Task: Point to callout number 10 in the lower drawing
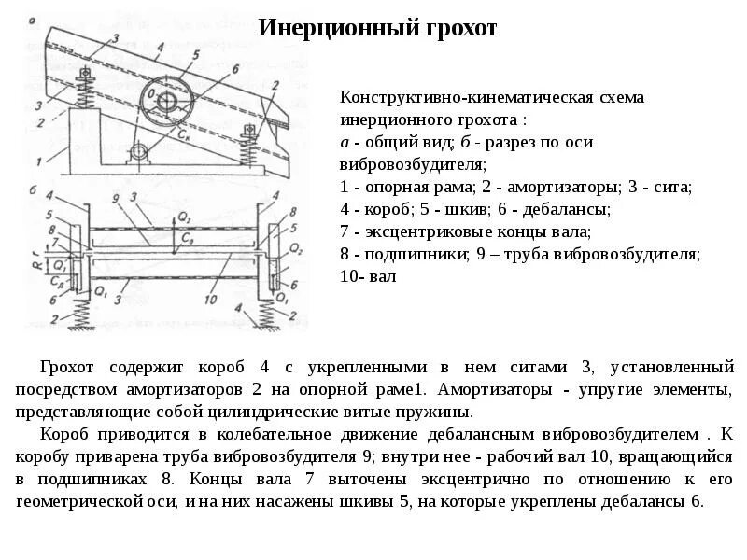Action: point(209,299)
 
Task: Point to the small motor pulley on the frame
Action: point(139,152)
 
